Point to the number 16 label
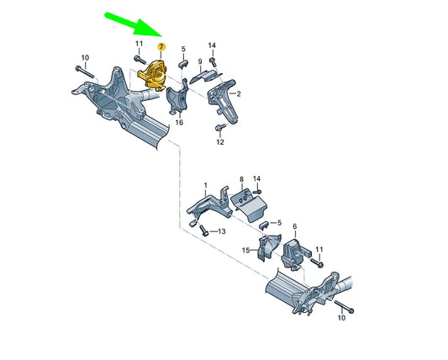tap(178, 123)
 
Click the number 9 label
tap(200, 61)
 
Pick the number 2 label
tap(239, 94)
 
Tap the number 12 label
tap(220, 142)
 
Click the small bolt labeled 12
tap(220, 128)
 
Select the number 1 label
tap(204, 184)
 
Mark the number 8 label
tap(241, 179)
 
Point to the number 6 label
tap(294, 227)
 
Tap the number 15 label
tap(245, 250)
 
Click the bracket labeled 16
tap(178, 101)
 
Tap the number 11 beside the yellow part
tap(138, 43)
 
